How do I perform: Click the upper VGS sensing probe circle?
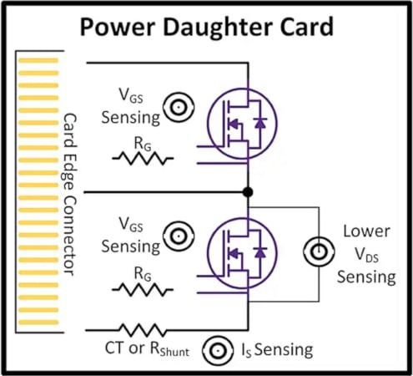tap(177, 106)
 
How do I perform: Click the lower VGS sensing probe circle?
tap(177, 236)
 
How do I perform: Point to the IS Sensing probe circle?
tap(221, 349)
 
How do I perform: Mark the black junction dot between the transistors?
tap(247, 192)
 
